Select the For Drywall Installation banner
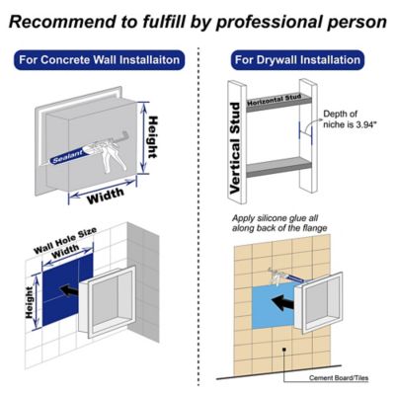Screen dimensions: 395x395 click(x=295, y=60)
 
